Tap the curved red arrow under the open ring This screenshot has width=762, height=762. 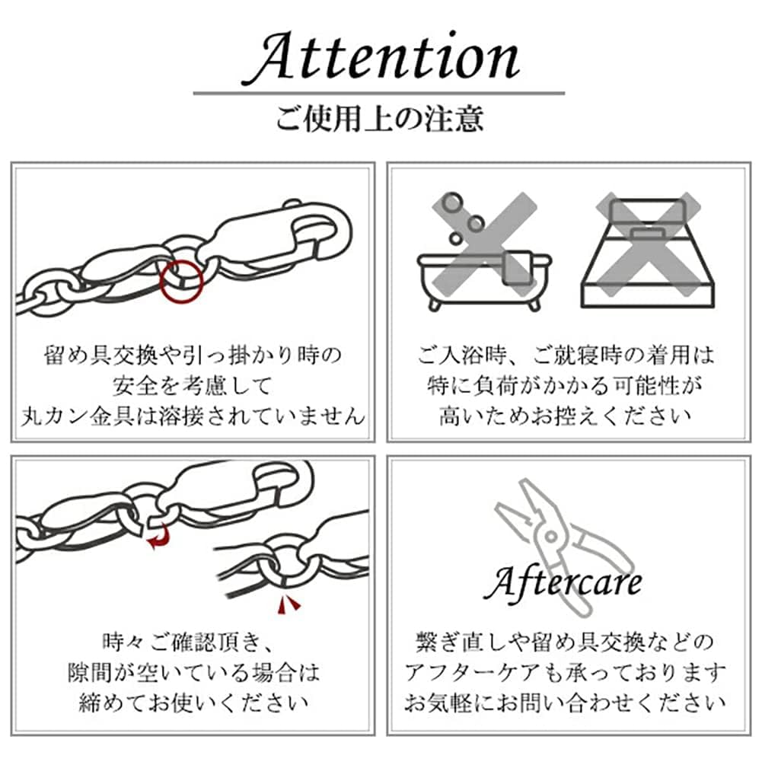coord(158,540)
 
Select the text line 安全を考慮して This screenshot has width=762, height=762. coord(192,386)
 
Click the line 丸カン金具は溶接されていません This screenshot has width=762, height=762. coord(192,416)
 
